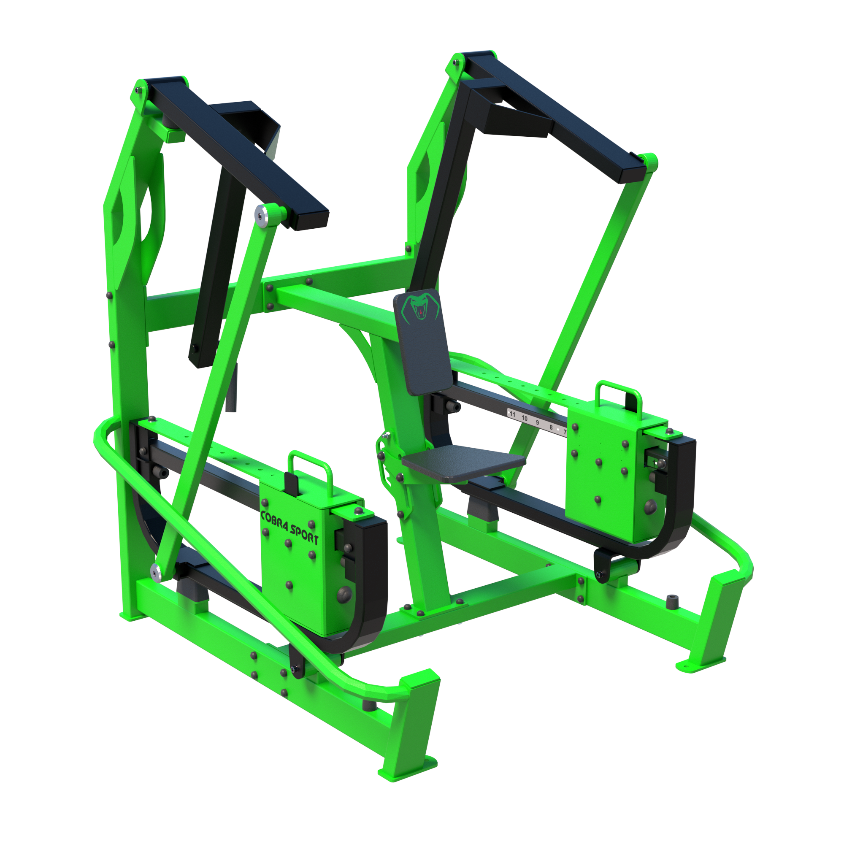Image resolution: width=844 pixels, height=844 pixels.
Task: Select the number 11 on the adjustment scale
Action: click(512, 414)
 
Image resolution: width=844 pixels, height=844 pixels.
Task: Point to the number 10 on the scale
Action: click(524, 419)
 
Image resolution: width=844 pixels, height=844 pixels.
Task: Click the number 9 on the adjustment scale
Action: click(537, 423)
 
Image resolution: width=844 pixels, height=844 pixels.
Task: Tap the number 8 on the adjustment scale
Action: click(551, 427)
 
